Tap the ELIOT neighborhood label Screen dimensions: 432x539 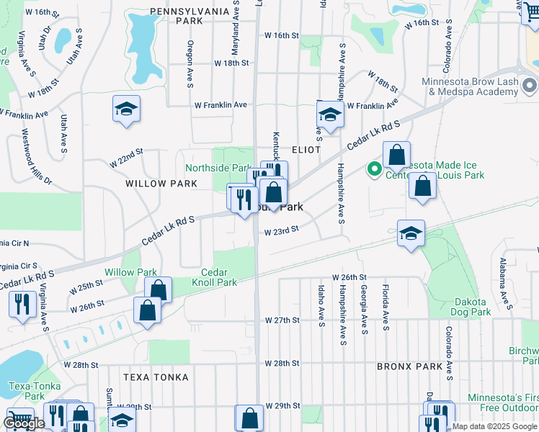306,148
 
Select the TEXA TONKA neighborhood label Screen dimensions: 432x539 156,377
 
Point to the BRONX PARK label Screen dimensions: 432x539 409,366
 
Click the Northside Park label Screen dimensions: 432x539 217,168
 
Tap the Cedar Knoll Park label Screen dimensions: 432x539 219,277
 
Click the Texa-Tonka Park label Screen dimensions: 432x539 27,391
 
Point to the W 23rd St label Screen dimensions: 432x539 281,232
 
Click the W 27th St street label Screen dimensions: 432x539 281,320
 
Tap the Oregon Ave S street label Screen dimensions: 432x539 190,64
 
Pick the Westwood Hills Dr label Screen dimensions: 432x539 37,156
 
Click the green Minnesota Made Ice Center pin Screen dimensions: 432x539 374,170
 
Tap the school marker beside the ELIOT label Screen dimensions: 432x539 330,114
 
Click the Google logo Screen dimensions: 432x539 24,424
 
